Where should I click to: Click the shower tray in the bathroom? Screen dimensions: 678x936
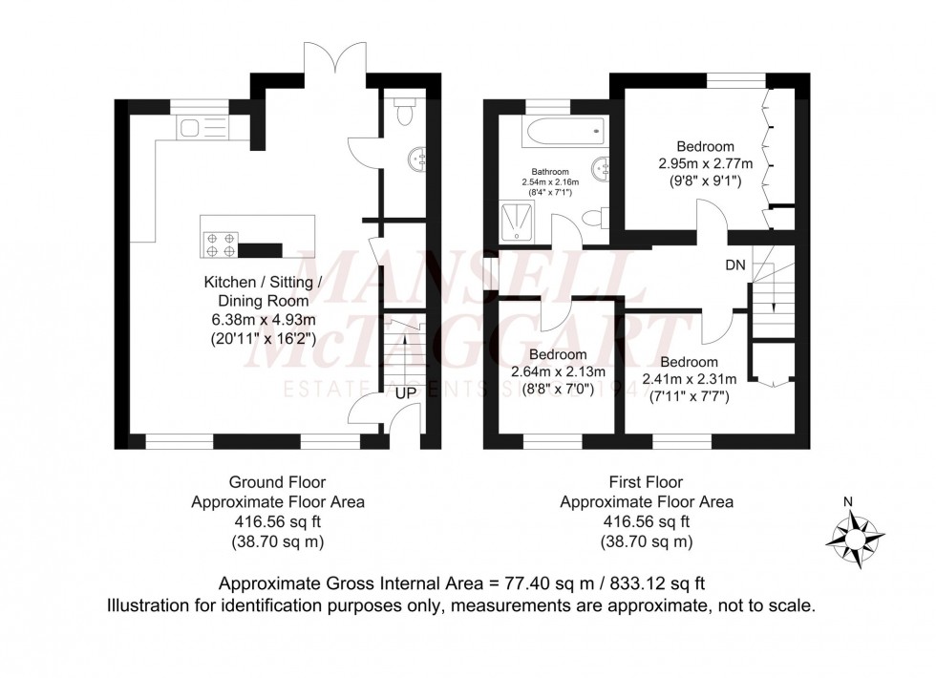pos(521,222)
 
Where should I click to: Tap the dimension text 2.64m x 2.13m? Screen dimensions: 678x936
pos(553,372)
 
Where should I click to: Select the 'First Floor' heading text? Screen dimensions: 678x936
pos(646,482)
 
